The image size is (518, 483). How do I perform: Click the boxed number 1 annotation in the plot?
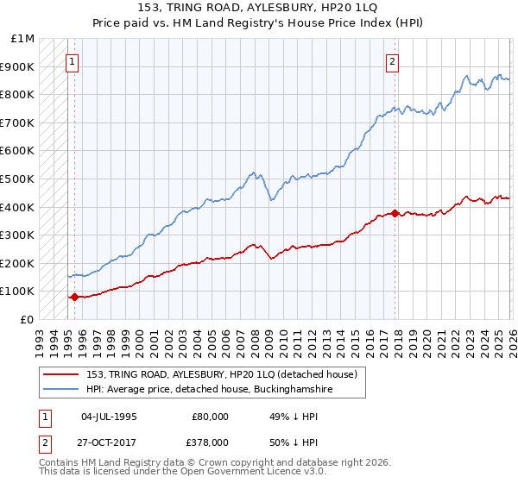72,61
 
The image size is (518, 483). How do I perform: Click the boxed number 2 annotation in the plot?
392,61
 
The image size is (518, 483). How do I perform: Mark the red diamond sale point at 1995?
74,297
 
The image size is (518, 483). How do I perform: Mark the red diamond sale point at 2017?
395,213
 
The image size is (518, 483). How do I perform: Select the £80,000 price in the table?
211,416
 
